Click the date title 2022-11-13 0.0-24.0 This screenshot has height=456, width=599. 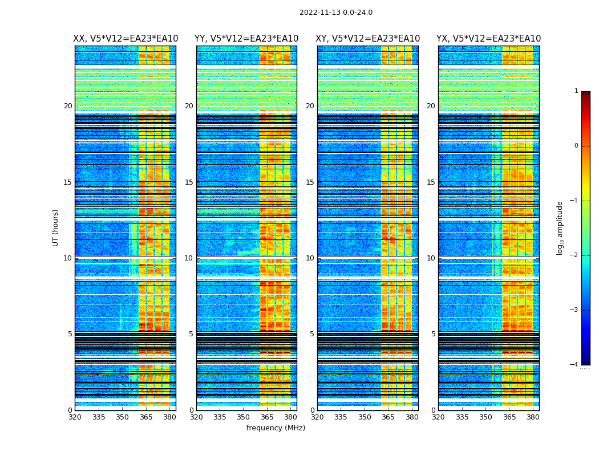335,13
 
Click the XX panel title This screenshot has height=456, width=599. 126,39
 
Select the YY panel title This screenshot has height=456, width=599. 246,39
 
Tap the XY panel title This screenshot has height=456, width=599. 367,39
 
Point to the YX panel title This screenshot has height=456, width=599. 488,39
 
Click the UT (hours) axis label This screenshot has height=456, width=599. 55,227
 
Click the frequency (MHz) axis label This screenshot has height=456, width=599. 276,428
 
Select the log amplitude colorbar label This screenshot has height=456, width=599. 560,227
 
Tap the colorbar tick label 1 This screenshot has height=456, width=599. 576,91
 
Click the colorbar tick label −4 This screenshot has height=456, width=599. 574,365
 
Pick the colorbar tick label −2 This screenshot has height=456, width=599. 574,255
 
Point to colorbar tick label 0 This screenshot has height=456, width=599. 576,146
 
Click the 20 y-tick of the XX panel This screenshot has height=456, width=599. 68,106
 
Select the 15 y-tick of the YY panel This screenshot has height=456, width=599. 189,182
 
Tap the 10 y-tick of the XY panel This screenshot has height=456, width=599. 310,258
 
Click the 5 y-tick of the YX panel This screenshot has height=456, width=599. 433,334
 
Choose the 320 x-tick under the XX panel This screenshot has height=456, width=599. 75,417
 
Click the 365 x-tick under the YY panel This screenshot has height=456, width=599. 267,417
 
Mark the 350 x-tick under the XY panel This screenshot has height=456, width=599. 365,417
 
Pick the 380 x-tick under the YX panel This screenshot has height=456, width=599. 533,417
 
